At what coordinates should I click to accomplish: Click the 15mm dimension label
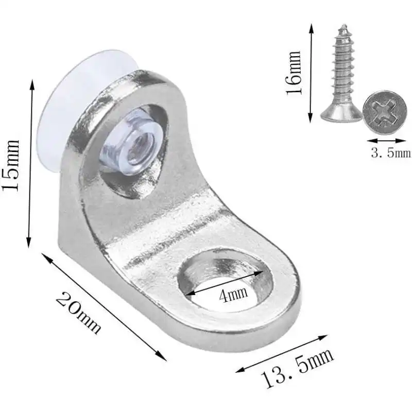pyautogui.click(x=10, y=165)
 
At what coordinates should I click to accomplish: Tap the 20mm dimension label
pyautogui.click(x=78, y=313)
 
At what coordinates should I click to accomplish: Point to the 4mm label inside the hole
pyautogui.click(x=234, y=295)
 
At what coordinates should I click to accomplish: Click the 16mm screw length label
pyautogui.click(x=294, y=73)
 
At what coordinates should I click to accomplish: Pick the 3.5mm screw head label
pyautogui.click(x=391, y=152)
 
